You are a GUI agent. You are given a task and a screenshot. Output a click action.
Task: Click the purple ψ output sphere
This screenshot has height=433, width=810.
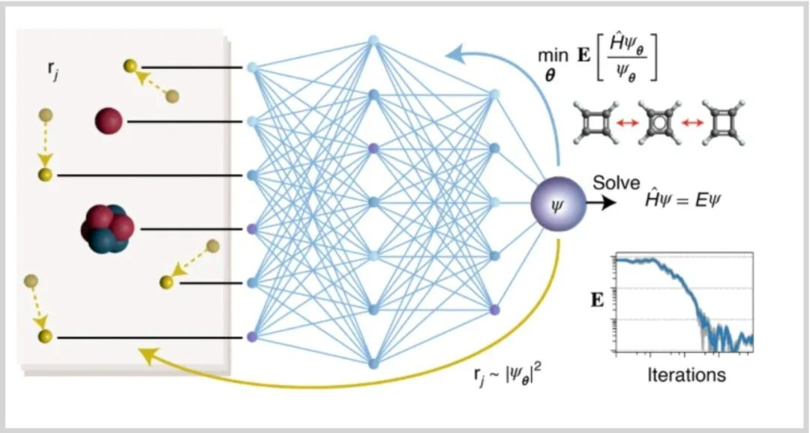(559, 204)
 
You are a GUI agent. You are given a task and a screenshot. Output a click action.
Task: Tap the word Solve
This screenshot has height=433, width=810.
(616, 183)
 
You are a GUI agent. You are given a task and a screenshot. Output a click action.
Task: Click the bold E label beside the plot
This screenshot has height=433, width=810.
(597, 300)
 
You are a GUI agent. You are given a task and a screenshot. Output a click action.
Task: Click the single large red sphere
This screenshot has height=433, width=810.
(109, 121)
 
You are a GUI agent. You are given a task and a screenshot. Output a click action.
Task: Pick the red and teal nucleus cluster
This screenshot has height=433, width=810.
(107, 229)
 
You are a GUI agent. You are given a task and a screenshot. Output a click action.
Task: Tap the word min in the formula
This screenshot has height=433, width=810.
(552, 55)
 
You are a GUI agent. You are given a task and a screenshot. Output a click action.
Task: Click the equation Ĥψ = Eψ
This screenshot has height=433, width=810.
(682, 199)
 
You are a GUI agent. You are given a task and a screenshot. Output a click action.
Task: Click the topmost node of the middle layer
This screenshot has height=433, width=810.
(374, 40)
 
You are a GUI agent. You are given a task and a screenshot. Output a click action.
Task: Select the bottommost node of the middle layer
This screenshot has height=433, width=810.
(374, 363)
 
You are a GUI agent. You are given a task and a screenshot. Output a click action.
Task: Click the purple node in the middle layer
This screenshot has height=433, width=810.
(374, 148)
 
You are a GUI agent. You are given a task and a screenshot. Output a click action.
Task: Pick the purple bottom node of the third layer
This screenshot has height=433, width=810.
(495, 310)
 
